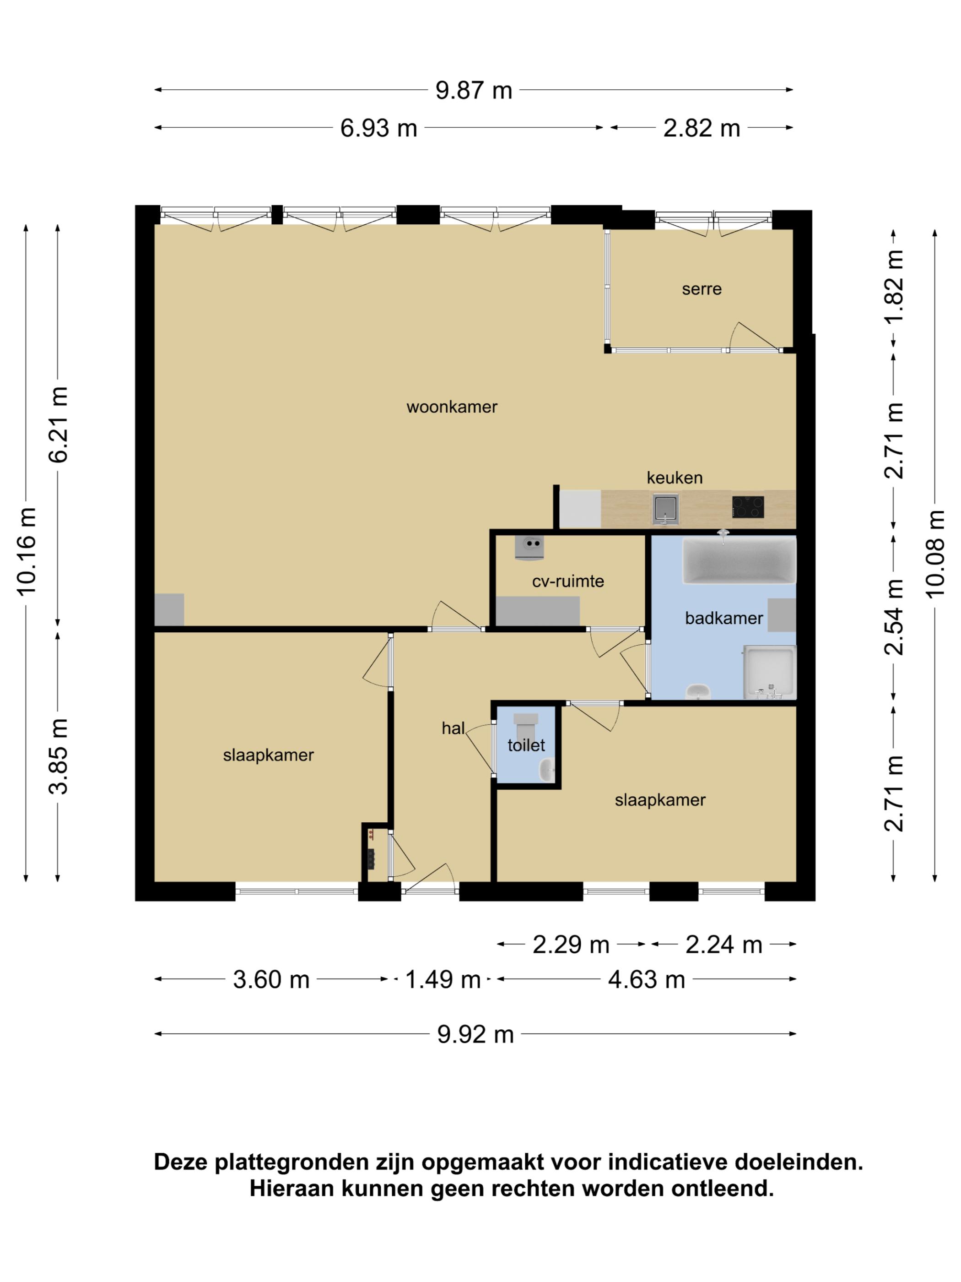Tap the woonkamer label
(452, 407)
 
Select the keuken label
(675, 478)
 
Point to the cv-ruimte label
(568, 581)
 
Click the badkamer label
(723, 619)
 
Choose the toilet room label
(526, 745)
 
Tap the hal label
(453, 728)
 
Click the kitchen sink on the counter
(665, 509)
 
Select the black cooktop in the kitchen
(748, 507)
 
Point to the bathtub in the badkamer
(739, 560)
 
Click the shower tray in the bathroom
(770, 672)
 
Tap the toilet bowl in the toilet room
(526, 726)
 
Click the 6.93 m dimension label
(379, 129)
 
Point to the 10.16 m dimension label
(27, 551)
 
